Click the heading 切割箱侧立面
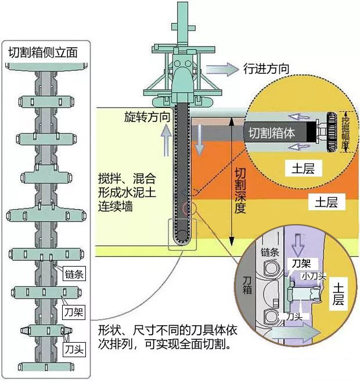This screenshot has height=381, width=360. point(43,52)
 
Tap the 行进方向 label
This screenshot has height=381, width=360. point(267,69)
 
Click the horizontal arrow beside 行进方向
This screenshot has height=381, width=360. point(222,69)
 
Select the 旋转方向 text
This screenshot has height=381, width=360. point(147,117)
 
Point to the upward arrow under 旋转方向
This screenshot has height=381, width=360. point(167,140)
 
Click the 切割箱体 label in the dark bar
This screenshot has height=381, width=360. point(271,133)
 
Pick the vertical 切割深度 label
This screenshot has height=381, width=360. point(240,191)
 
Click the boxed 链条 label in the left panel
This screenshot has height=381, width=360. point(74,274)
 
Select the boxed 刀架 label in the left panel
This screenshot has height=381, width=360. point(74,312)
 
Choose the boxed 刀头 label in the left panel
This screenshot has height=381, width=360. point(74,350)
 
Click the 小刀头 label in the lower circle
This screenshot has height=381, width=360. point(314,276)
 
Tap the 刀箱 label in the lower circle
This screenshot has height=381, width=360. point(247,285)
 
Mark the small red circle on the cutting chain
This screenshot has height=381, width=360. point(186,208)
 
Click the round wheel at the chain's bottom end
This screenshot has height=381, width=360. point(182,236)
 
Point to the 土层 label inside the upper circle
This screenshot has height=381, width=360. point(303,168)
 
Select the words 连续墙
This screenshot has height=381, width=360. point(116,207)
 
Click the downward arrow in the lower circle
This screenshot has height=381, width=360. point(298,245)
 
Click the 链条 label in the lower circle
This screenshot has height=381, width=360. point(269,253)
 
